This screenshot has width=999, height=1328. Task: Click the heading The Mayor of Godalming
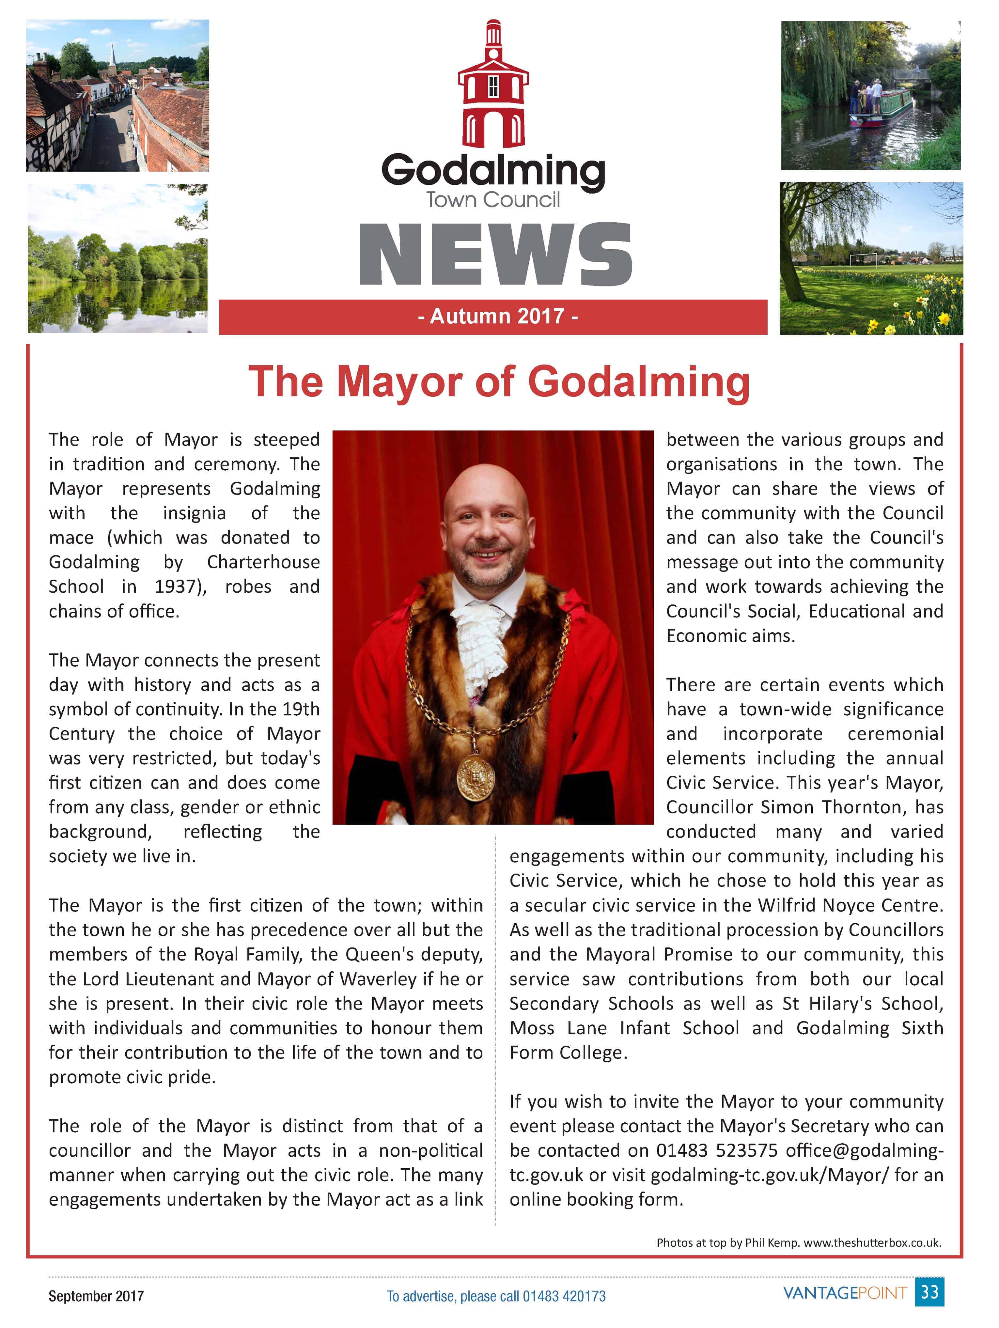[499, 382]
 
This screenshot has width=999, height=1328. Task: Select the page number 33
[929, 1292]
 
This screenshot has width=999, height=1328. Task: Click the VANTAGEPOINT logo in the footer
[845, 1292]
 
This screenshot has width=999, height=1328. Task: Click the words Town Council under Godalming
[493, 200]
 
